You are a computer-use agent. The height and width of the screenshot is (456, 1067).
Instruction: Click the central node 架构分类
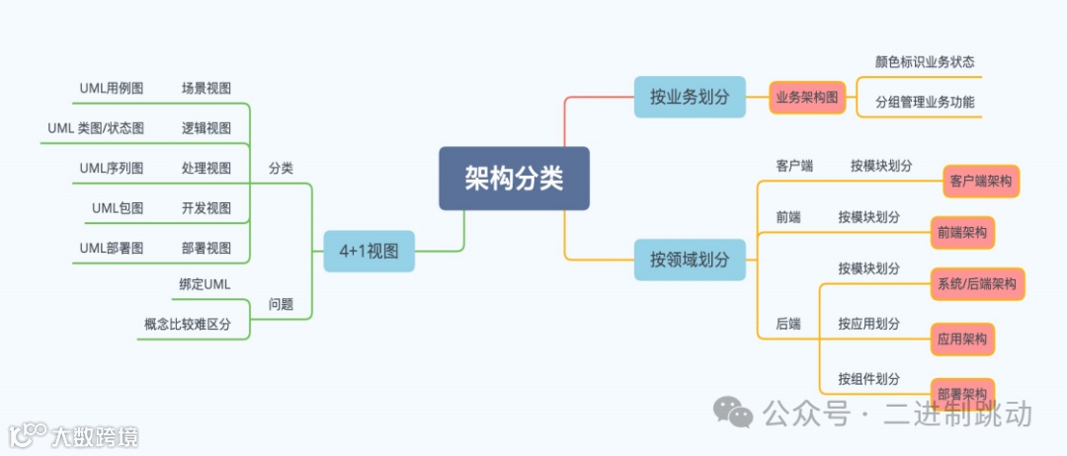click(x=514, y=179)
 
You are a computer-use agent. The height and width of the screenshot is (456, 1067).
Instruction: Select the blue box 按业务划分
click(x=690, y=98)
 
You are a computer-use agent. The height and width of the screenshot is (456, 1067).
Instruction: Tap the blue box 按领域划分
click(x=690, y=260)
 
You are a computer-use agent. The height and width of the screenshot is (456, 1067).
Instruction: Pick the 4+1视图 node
click(x=369, y=251)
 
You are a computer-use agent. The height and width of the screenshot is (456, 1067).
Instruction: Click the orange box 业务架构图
click(x=807, y=98)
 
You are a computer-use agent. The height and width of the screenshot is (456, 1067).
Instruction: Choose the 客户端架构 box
click(x=980, y=182)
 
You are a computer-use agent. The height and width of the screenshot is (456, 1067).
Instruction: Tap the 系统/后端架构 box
click(x=977, y=284)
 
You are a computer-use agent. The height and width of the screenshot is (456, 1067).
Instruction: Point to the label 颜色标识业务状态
click(x=925, y=61)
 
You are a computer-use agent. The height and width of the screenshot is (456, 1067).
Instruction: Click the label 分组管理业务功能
click(x=925, y=102)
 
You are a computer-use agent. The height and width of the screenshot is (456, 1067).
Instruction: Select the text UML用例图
click(x=112, y=89)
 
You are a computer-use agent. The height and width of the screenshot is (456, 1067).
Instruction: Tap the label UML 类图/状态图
click(x=96, y=128)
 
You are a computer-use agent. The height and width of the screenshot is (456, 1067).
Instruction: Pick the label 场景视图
click(x=206, y=89)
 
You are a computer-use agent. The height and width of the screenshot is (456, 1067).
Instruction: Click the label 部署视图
click(x=206, y=248)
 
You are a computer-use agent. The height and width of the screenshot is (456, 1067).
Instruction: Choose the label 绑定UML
click(x=205, y=284)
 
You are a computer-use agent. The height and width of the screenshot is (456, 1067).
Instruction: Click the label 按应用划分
click(x=868, y=324)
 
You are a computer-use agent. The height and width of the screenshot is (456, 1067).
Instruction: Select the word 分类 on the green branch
click(x=282, y=168)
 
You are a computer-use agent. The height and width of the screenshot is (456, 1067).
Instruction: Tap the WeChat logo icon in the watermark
click(x=733, y=413)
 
